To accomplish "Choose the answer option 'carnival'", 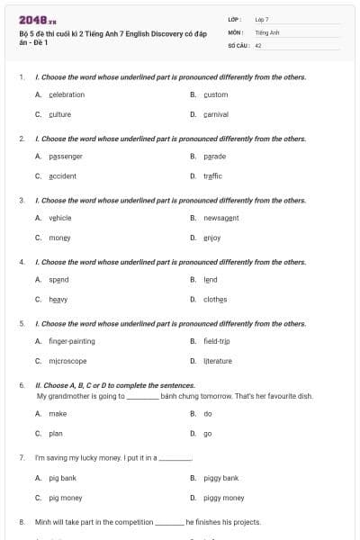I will pos(215,115).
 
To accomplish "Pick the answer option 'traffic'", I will pos(212,176).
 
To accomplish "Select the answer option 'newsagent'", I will pos(220,218).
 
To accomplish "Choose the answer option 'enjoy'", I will pos(211,238).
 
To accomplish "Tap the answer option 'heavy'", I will pos(58,300).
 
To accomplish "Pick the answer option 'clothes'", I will pos(215,300).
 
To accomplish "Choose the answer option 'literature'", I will pos(217,361).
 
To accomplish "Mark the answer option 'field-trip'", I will pos(216,341).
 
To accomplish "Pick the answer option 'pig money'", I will pos(66,498).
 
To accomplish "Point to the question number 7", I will pos(21,458).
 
